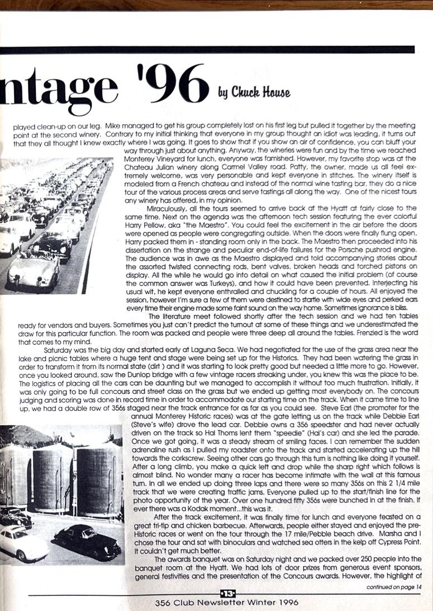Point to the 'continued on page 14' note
(x=394, y=586)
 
